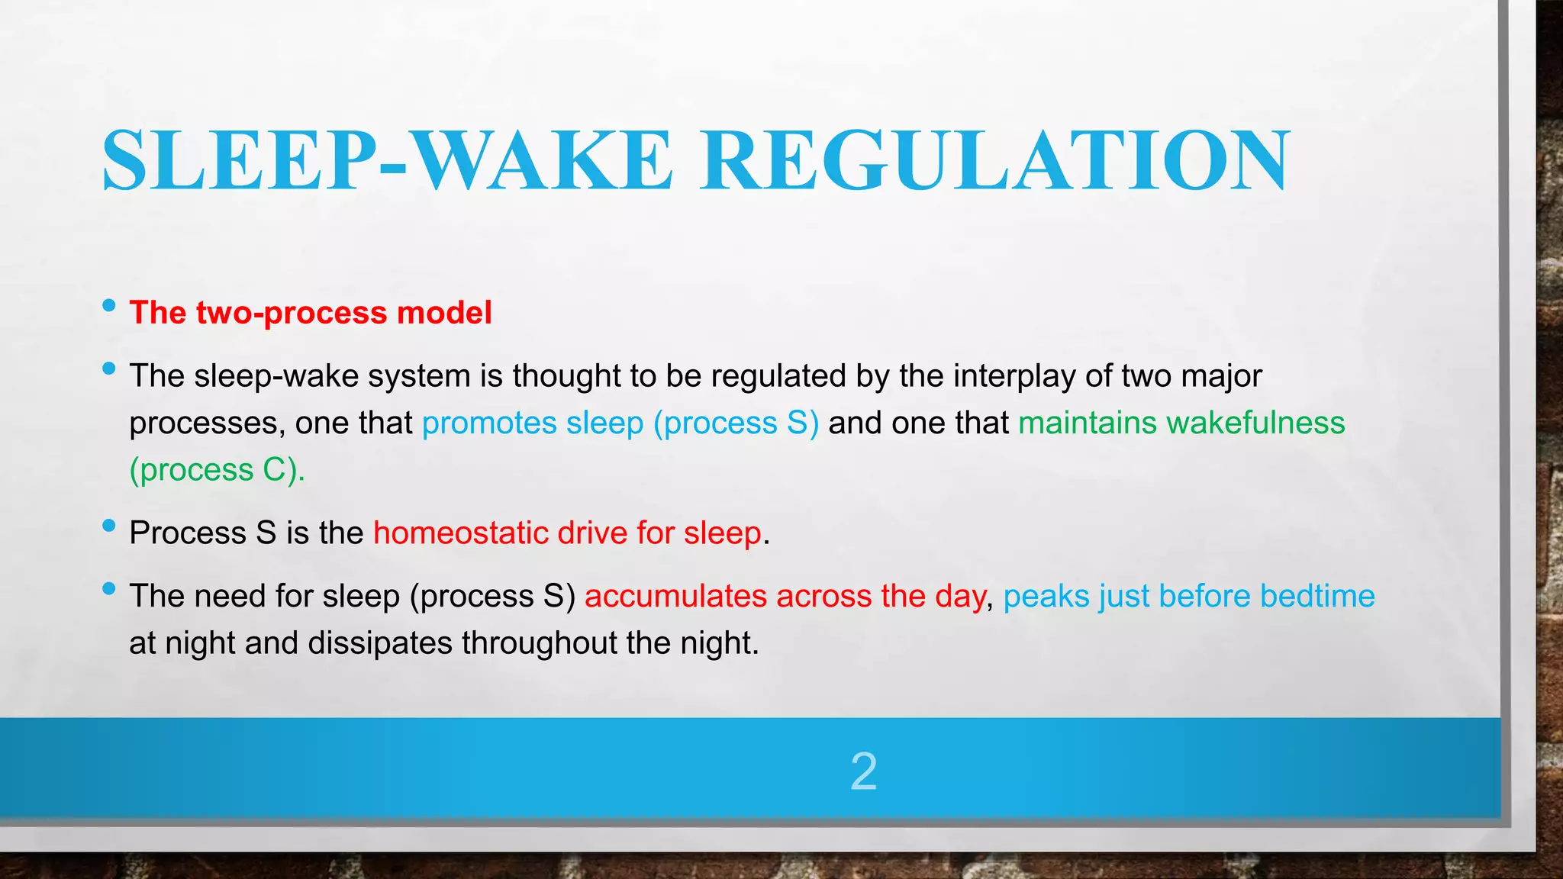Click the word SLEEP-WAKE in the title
(387, 160)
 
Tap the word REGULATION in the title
(995, 160)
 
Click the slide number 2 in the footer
(863, 771)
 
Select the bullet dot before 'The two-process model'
(108, 307)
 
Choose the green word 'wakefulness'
(1255, 423)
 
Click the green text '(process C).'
(217, 470)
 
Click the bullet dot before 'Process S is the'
(108, 526)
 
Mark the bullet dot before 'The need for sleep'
(108, 588)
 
